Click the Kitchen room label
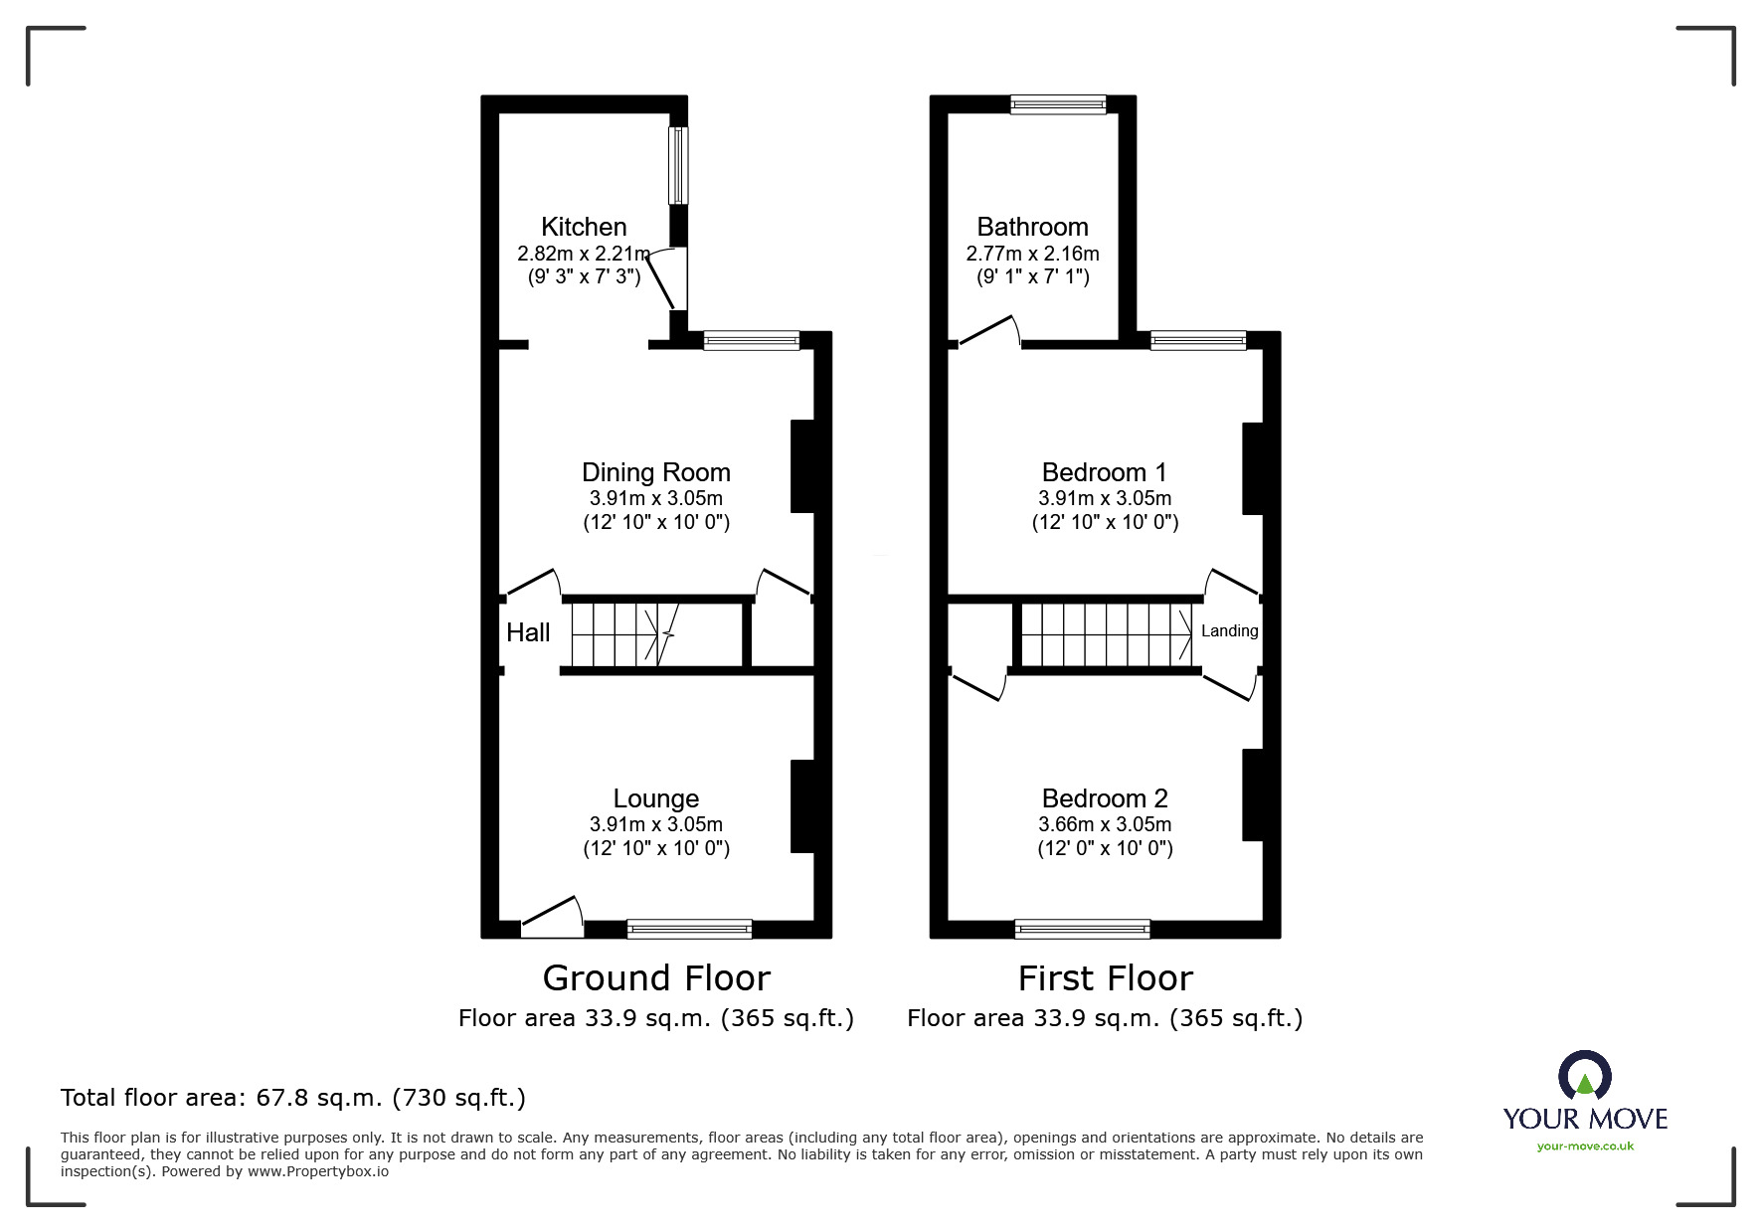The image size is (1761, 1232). point(584,227)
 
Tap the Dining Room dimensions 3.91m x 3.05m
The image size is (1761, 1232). point(655,498)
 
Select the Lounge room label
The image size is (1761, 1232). point(655,798)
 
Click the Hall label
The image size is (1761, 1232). point(528,632)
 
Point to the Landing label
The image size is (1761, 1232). point(1229,630)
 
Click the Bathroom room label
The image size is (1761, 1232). point(1032,227)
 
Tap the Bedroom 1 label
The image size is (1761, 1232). point(1104,472)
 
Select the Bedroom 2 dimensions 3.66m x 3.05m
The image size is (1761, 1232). point(1105,824)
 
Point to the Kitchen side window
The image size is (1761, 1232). point(678,166)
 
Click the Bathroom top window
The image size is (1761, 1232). point(1058,104)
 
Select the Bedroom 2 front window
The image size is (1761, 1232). point(1082,930)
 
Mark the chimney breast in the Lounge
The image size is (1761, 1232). point(802,806)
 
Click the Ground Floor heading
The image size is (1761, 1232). point(656,978)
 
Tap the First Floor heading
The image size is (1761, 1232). point(1105,978)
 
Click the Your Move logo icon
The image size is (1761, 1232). point(1584,1078)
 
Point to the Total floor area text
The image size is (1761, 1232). point(293,1098)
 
